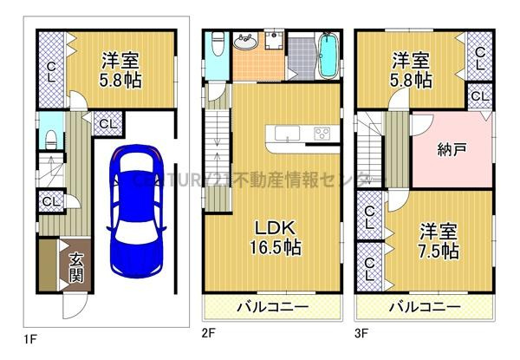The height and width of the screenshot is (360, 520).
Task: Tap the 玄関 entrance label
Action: tap(76, 266)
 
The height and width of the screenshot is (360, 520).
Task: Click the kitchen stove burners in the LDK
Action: tap(322, 133)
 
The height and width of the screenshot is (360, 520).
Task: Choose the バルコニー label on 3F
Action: tap(425, 306)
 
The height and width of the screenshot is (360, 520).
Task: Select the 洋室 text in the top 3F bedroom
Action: tap(411, 61)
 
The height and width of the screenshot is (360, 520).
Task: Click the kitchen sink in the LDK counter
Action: tap(287, 133)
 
